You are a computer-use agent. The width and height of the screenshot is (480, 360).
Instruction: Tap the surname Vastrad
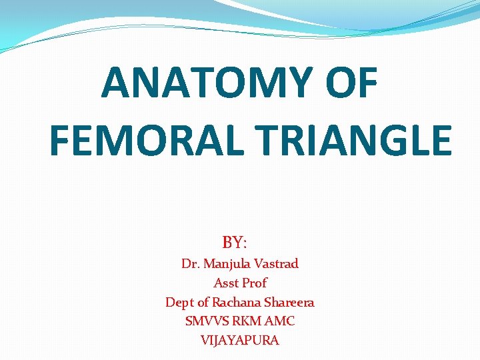[x=277, y=264]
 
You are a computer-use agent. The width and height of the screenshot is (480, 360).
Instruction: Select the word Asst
[x=226, y=283]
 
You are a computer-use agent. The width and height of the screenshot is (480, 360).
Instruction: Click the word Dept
[x=179, y=303]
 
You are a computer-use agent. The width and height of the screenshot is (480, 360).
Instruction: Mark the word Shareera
[x=291, y=302]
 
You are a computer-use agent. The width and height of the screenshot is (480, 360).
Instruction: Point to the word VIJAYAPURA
[x=240, y=340]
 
